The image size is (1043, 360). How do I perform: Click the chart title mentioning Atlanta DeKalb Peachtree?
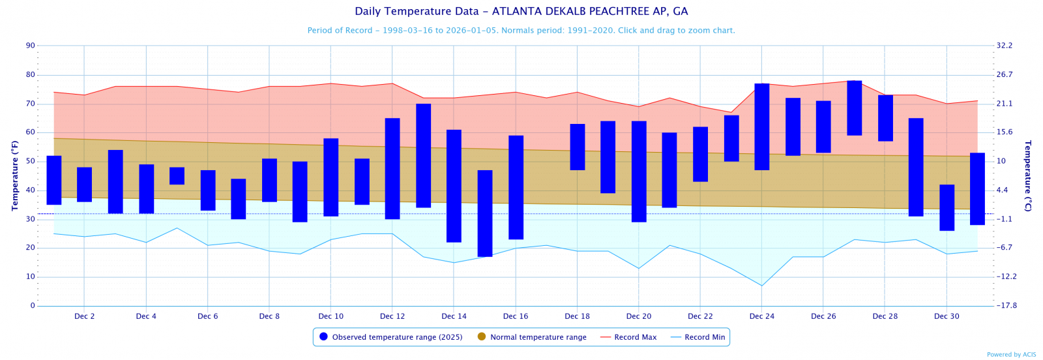521,12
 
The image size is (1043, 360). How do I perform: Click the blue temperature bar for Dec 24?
761,127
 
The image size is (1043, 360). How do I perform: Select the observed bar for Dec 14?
454,186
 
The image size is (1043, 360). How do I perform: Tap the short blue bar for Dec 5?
177,176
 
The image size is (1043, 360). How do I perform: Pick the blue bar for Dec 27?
854,108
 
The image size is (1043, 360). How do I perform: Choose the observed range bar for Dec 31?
977,189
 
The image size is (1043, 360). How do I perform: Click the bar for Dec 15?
485,213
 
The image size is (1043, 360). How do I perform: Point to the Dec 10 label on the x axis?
331,316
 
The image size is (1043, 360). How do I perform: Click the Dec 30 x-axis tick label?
947,316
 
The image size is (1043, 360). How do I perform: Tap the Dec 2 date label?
84,316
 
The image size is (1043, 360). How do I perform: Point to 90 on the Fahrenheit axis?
31,46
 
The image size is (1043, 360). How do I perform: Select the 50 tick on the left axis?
31,162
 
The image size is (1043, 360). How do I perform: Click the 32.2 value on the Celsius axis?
1005,46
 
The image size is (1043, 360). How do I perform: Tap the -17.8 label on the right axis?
1006,306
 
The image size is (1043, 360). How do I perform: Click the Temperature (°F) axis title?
14,175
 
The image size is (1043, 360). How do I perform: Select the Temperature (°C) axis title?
1028,175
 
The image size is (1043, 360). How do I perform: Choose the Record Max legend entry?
628,337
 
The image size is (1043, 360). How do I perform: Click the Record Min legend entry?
699,337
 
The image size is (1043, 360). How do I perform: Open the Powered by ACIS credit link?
1011,355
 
